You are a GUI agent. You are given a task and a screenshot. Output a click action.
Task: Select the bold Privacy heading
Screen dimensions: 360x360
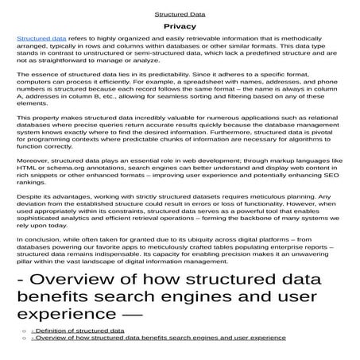pyautogui.click(x=180, y=26)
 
